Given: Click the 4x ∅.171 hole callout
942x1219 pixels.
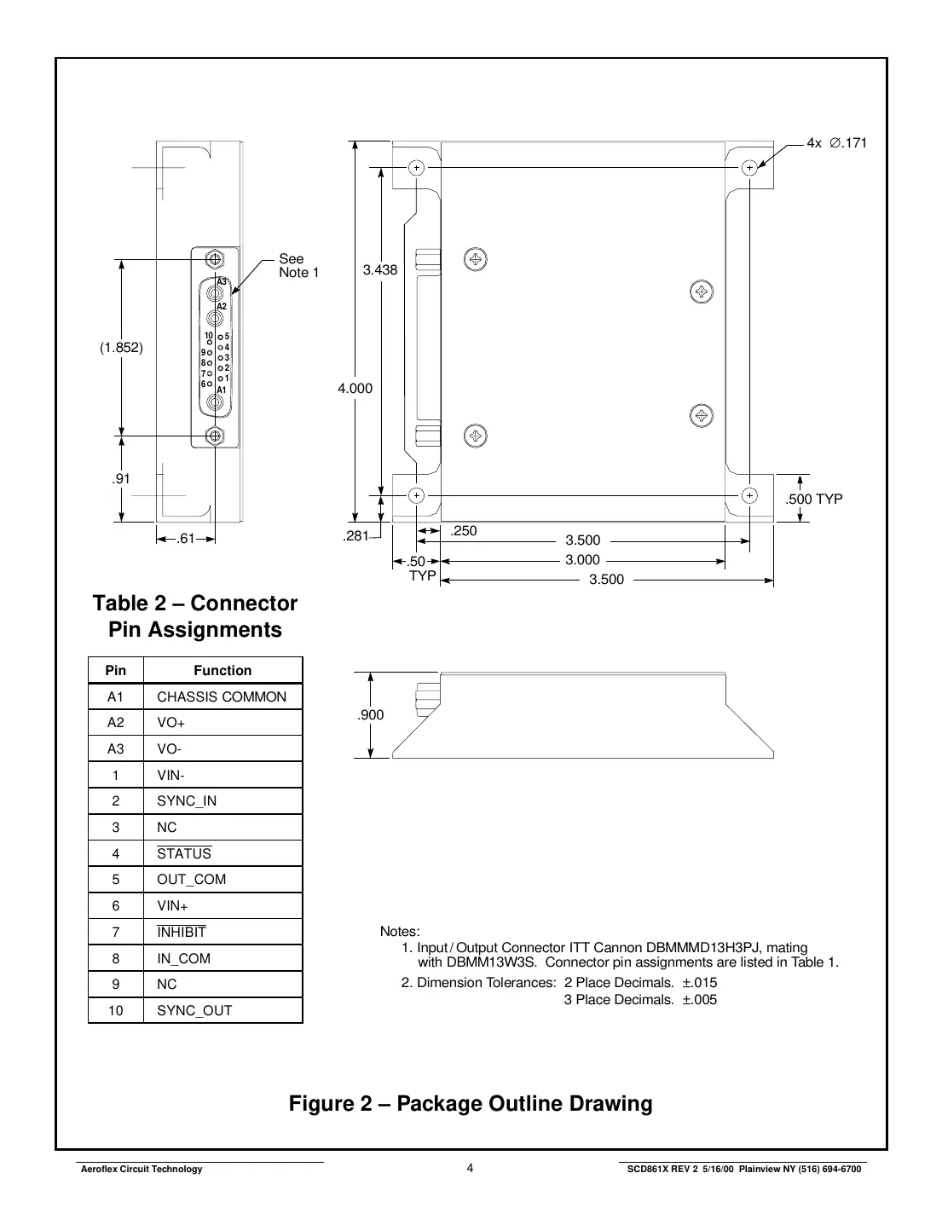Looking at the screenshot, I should [836, 143].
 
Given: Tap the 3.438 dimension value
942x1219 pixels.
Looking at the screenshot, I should [380, 270].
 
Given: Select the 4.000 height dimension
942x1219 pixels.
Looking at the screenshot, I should [355, 389].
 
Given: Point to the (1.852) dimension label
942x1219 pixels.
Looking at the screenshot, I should [121, 348].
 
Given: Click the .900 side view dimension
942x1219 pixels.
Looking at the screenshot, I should [371, 715].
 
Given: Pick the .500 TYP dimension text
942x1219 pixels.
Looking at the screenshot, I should [813, 500].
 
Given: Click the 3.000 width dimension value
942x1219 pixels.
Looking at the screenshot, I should [583, 560].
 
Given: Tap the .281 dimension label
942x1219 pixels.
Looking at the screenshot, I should [355, 536].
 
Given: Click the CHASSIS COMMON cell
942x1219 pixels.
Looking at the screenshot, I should [222, 697].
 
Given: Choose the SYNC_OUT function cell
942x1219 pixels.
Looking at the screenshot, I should [194, 1011].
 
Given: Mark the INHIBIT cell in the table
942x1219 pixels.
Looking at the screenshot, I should [182, 933].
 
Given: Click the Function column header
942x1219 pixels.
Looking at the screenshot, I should [222, 671].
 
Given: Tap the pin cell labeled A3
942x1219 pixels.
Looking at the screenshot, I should [116, 749].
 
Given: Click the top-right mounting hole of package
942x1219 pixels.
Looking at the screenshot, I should [749, 168].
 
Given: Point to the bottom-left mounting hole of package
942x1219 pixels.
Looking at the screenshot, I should [416, 495].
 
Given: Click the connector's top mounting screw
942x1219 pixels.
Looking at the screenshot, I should [215, 258].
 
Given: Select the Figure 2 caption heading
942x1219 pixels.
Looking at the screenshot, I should [471, 1104].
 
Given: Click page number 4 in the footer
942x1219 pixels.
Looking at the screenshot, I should [471, 1169].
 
